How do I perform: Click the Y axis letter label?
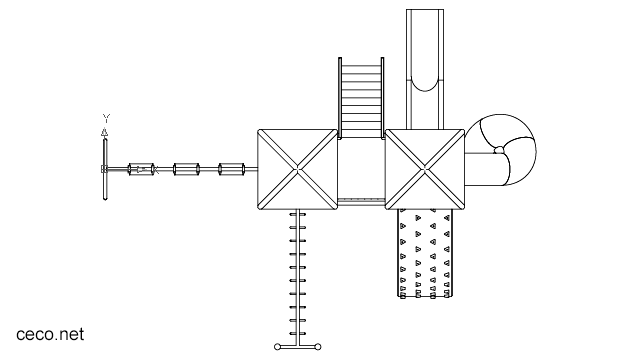point(106,118)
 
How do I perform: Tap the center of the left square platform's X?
point(297,169)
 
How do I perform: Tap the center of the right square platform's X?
point(427,169)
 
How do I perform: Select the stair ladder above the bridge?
point(362,96)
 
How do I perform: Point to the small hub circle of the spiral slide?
point(498,151)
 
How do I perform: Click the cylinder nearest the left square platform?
point(232,169)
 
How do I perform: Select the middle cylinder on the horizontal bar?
point(188,169)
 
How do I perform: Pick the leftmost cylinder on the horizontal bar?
point(144,169)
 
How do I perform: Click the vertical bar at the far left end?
point(105,168)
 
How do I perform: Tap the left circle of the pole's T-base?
point(278,347)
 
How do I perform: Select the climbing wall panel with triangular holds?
point(427,254)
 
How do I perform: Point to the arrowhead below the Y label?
point(106,131)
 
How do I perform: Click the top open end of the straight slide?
point(427,12)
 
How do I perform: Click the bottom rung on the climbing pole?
point(297,332)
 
